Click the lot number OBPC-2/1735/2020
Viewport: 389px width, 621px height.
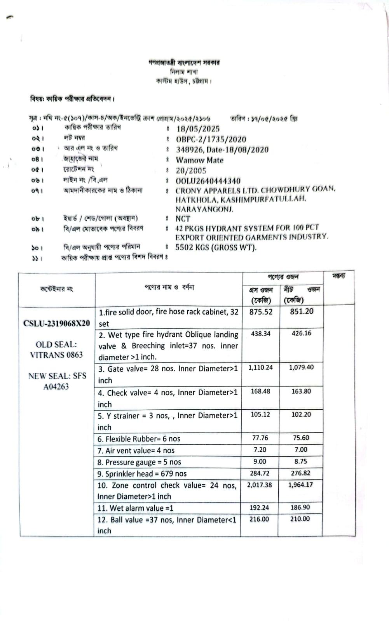click(211, 139)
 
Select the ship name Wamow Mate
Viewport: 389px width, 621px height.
click(199, 160)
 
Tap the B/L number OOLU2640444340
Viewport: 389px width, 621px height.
click(208, 181)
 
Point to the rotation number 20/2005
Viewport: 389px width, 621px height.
click(191, 171)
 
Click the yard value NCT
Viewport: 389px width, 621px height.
click(183, 219)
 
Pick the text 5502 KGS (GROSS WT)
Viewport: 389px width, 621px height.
click(216, 247)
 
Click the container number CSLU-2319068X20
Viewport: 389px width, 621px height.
click(57, 324)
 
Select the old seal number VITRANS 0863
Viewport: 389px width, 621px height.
click(56, 355)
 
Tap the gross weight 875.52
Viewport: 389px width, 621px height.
click(261, 312)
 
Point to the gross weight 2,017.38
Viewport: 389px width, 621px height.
click(260, 485)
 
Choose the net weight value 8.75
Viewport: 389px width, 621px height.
click(300, 461)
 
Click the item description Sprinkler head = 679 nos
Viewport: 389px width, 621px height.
click(142, 474)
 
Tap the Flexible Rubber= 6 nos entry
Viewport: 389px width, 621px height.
click(139, 439)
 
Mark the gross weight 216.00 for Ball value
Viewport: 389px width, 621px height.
click(259, 519)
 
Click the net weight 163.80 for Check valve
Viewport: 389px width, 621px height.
click(301, 391)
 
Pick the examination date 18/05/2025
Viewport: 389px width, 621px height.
click(198, 129)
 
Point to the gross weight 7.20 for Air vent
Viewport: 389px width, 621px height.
click(260, 450)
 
